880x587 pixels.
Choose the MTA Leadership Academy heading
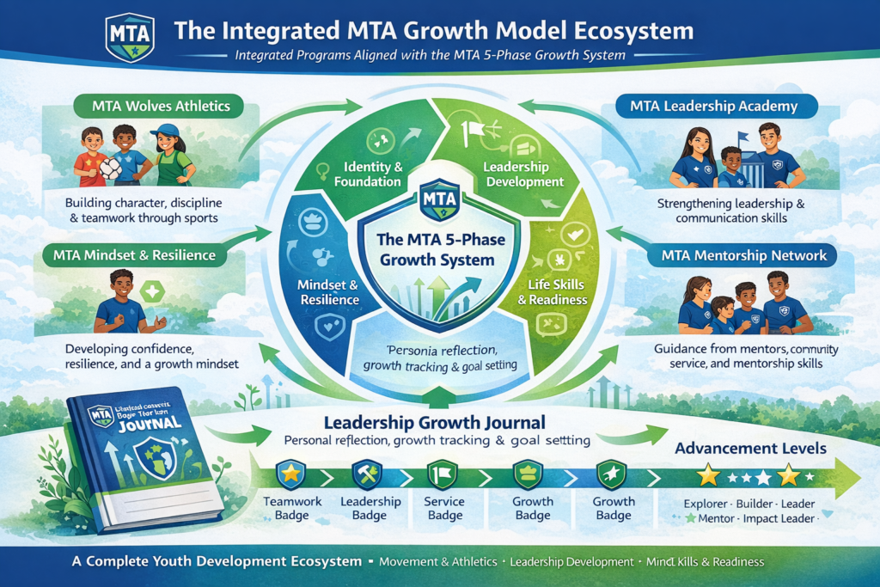pos(713,107)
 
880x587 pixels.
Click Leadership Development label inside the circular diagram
pos(523,173)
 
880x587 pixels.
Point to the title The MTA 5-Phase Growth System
pos(440,250)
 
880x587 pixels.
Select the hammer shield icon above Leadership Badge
pos(364,473)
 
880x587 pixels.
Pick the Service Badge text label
pos(444,508)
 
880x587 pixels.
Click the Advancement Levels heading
pos(751,448)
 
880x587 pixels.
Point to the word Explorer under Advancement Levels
pos(706,503)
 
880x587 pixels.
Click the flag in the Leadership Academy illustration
pos(742,135)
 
